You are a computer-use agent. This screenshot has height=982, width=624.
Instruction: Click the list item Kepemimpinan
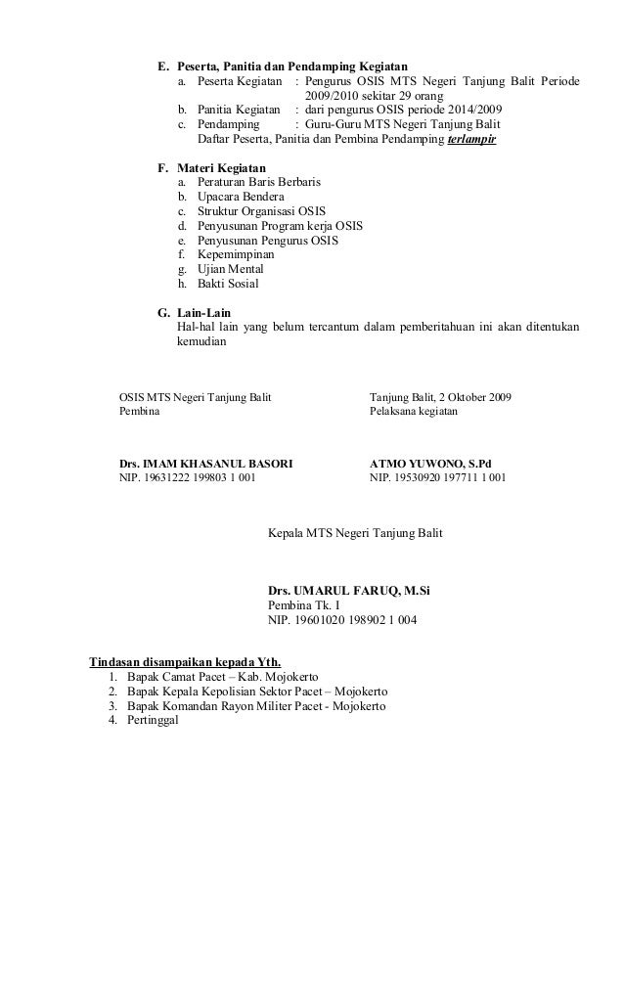click(x=236, y=254)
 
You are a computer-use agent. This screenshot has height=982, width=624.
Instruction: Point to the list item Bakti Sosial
click(x=228, y=284)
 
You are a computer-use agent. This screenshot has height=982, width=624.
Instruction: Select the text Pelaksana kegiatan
click(x=414, y=412)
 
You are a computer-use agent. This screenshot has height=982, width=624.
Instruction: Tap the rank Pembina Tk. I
click(x=305, y=604)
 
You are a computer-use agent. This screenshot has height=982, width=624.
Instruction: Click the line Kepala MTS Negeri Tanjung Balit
click(x=354, y=533)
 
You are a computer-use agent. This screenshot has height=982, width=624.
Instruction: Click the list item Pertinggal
click(x=155, y=721)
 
